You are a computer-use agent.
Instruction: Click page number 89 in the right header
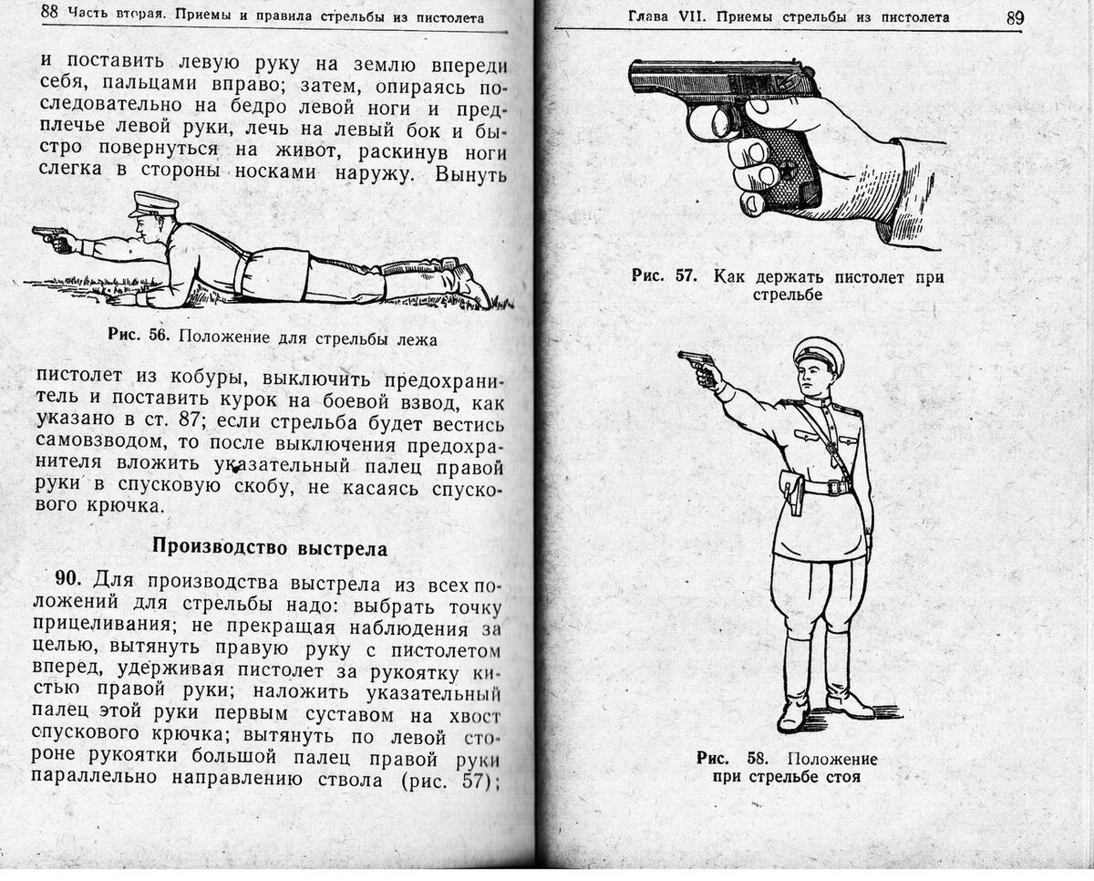point(1015,17)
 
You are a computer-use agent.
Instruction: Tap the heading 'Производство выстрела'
point(269,548)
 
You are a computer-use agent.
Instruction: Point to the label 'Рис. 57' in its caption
point(664,276)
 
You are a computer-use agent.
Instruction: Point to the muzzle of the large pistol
point(635,78)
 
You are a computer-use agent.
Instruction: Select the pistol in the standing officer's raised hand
point(695,362)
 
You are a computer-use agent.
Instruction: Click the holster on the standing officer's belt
point(791,492)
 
